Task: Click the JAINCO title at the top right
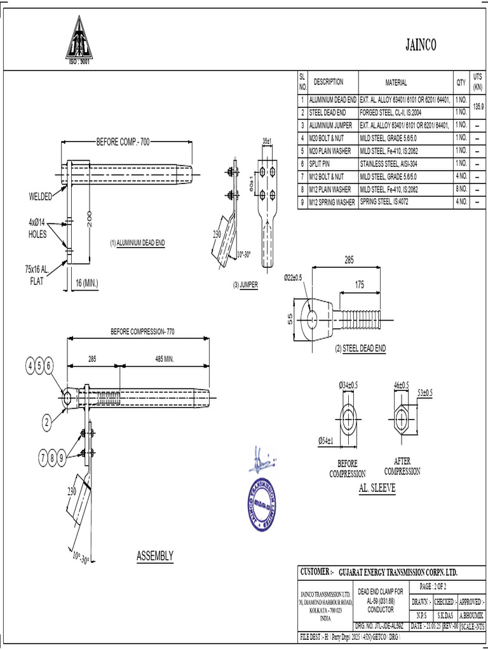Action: [x=421, y=44]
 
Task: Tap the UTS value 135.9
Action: [x=478, y=107]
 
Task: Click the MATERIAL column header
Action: [x=396, y=83]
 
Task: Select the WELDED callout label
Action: [x=41, y=196]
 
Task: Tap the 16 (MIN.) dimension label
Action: [x=86, y=282]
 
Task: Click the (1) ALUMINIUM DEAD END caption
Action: [x=137, y=243]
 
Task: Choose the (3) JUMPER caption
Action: [x=245, y=285]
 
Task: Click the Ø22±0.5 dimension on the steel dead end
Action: [x=293, y=278]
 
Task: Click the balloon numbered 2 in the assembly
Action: [x=46, y=421]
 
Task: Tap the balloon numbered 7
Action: [x=46, y=457]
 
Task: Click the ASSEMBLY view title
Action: [x=155, y=556]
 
